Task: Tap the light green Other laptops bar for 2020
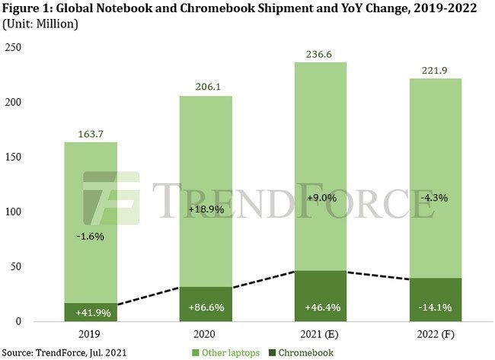[205, 190]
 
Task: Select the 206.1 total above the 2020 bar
[205, 84]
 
